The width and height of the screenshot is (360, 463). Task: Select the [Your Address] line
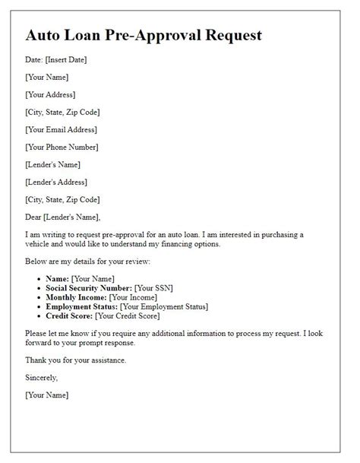point(50,94)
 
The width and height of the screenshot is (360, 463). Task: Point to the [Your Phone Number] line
point(62,147)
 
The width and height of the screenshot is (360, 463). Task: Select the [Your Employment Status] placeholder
point(159,306)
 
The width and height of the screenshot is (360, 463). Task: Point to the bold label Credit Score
point(69,316)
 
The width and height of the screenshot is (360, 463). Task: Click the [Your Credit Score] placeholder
point(128,316)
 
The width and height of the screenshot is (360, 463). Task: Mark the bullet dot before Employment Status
point(39,306)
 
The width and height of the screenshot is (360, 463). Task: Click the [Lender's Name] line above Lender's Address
point(52,164)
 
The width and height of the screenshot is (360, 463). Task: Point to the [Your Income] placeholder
point(134,297)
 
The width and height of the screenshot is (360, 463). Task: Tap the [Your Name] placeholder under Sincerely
point(47,395)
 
